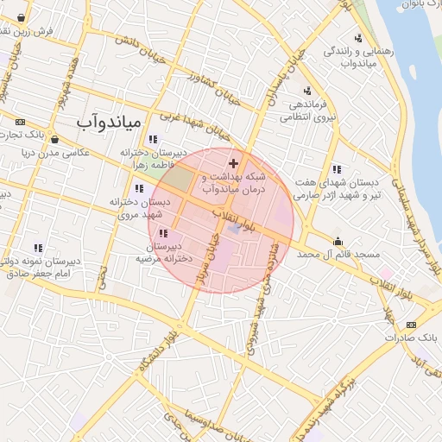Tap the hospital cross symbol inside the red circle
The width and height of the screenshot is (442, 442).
(233, 163)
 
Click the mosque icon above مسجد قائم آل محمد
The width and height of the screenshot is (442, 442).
(338, 241)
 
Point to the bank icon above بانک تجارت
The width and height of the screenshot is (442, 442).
(21, 121)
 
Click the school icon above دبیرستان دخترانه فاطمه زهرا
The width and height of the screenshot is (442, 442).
(153, 139)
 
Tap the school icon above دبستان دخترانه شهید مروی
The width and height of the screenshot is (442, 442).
(138, 189)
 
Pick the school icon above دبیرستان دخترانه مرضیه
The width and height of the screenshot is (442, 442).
(163, 233)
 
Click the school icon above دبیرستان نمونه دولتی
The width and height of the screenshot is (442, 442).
(37, 249)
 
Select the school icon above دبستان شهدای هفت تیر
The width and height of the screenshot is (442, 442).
(336, 169)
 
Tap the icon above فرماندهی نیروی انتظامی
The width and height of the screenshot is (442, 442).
(307, 91)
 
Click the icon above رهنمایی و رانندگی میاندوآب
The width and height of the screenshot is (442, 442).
(357, 38)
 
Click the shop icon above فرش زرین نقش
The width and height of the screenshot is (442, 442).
(21, 17)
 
